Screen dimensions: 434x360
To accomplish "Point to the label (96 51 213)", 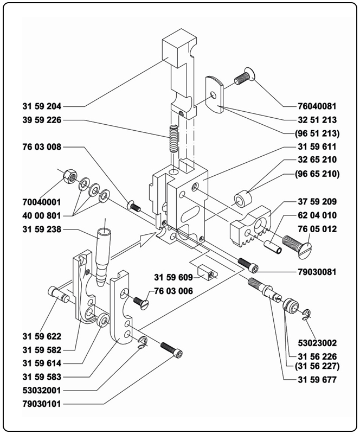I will [317, 133].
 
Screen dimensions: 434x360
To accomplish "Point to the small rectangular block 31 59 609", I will [208, 271].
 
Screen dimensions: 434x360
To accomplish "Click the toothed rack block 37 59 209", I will [251, 225].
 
